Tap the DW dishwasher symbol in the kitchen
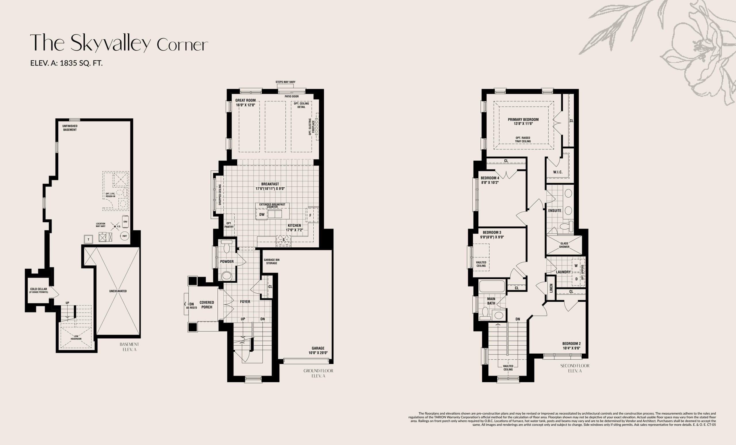pos(262,215)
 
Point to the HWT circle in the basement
pos(124,236)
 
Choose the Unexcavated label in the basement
pos(118,291)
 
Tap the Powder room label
pos(227,262)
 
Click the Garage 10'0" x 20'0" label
pos(318,350)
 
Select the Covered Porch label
pos(207,305)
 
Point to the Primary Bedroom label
pos(523,122)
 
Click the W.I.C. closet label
pos(558,172)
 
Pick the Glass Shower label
pos(564,245)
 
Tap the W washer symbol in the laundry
pos(576,266)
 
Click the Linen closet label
pos(551,288)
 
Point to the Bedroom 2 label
pos(572,346)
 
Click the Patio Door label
pos(292,97)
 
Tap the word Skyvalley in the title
pos(110,43)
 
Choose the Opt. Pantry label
pos(229,225)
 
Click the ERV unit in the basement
pos(125,221)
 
